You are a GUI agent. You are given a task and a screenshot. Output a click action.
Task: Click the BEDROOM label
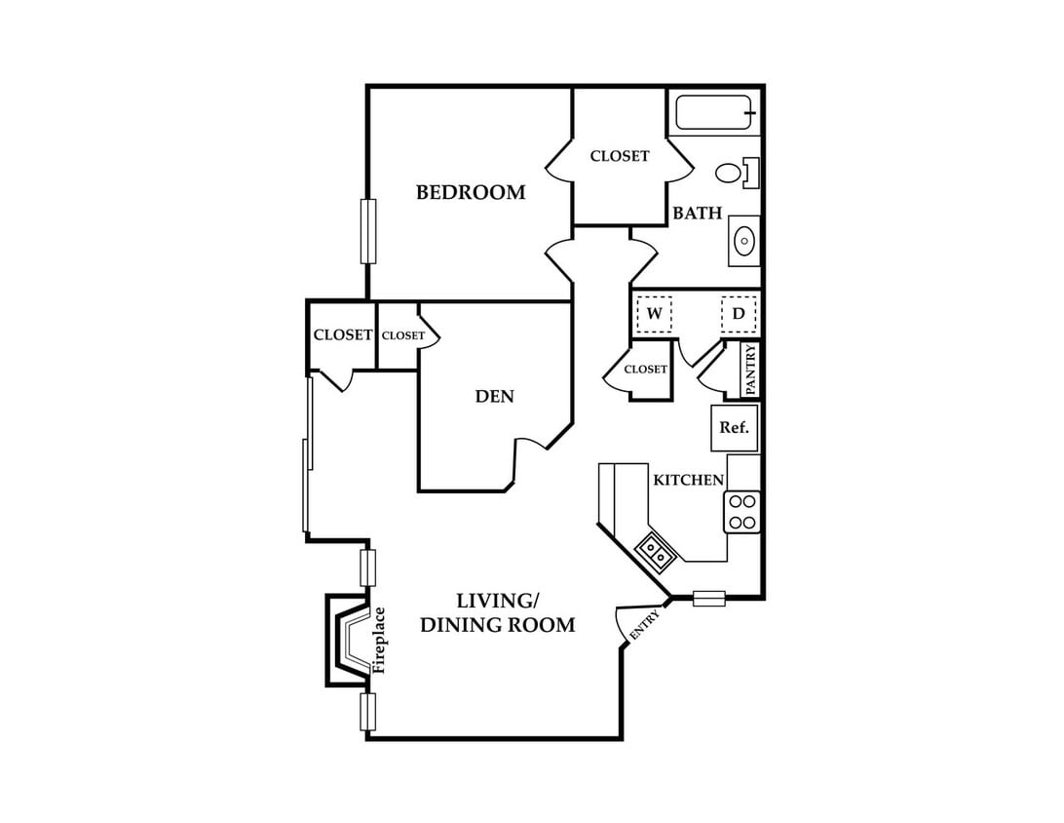pos(471,193)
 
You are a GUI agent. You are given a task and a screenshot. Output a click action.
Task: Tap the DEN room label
pos(495,397)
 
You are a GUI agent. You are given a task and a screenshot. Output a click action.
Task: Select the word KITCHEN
pos(688,480)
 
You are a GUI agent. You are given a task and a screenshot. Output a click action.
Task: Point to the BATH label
pos(697,214)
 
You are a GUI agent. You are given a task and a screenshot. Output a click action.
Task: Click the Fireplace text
pos(379,641)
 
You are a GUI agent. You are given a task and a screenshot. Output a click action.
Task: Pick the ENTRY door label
pos(644,625)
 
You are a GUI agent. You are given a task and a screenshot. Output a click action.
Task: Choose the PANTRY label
pos(750,370)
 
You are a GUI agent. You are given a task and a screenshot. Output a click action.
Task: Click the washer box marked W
pos(654,314)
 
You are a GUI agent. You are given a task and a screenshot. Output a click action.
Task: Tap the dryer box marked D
pos(739,314)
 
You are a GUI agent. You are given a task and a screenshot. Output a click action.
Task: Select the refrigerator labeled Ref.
pos(735,428)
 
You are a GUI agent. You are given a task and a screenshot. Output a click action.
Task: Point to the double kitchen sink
pos(655,551)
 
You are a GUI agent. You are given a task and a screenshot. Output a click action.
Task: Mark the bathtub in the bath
pos(714,113)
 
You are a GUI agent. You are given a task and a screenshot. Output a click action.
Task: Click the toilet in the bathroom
pos(737,173)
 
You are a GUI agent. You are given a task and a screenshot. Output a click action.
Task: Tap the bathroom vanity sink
pos(744,241)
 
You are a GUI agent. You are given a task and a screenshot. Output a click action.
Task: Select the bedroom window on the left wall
pos(367,231)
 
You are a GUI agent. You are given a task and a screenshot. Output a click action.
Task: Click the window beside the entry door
pos(709,599)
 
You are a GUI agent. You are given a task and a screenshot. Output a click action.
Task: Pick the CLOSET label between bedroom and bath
pos(620,156)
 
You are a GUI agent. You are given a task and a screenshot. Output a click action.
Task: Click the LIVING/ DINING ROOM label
pos(497,612)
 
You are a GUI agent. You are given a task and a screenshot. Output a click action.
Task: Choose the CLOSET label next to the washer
pos(645,370)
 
